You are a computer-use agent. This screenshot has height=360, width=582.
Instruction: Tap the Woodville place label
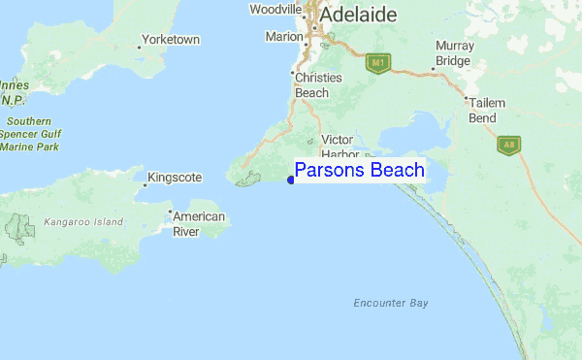click(x=275, y=10)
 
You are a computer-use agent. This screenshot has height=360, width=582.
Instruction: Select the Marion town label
click(x=284, y=38)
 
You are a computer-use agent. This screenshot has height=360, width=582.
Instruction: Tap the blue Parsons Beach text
click(x=359, y=171)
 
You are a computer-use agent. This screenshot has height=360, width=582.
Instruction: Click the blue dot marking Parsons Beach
click(x=291, y=179)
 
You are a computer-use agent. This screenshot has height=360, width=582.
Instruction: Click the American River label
click(x=199, y=224)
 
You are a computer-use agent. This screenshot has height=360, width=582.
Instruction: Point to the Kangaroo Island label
click(x=83, y=222)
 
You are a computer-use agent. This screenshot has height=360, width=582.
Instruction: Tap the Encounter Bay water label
click(x=391, y=303)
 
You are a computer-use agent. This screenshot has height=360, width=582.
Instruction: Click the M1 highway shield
click(x=377, y=63)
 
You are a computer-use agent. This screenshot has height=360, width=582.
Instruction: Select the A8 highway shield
click(x=506, y=146)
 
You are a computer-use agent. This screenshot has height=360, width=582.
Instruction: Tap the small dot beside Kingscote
click(x=146, y=181)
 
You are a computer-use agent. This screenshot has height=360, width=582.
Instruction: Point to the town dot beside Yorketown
click(x=139, y=45)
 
